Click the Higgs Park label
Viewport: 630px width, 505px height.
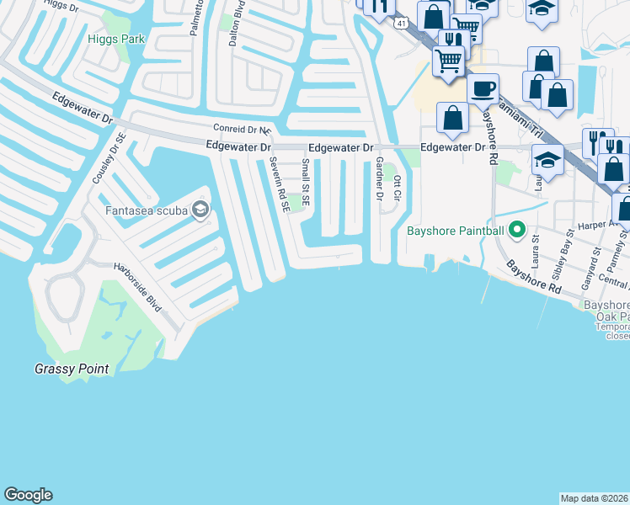pos(116,39)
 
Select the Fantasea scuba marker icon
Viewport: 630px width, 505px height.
pos(200,210)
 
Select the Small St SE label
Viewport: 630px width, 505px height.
pos(306,184)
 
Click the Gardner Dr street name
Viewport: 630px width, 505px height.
pos(379,179)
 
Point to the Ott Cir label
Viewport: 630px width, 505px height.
pos(398,186)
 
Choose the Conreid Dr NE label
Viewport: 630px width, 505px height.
pos(241,130)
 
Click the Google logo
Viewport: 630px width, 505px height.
pos(28,495)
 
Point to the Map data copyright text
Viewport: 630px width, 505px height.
pos(594,498)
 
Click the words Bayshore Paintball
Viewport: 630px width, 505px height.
pos(455,230)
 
